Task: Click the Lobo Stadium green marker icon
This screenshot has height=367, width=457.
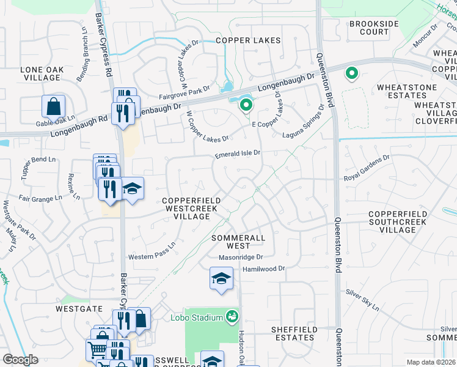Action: click(x=232, y=317)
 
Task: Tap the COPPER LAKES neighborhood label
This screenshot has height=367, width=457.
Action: click(x=248, y=40)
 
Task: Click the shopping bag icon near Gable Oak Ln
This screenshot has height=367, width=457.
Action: click(x=53, y=106)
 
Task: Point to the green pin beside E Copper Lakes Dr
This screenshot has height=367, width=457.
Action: click(x=246, y=106)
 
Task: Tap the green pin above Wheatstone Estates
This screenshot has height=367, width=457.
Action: click(x=352, y=74)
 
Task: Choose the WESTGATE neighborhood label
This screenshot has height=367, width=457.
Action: click(x=78, y=309)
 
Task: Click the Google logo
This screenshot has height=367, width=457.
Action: click(x=20, y=360)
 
